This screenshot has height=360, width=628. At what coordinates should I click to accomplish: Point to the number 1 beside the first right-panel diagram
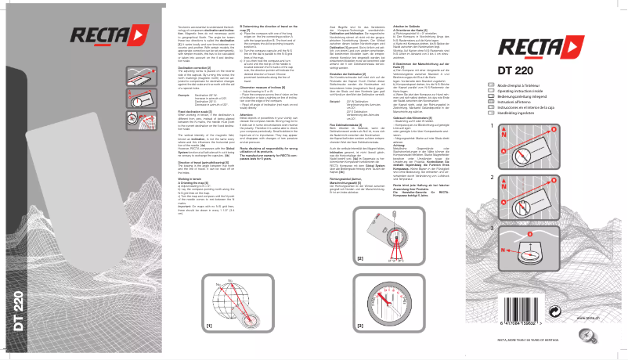point(491,125)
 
